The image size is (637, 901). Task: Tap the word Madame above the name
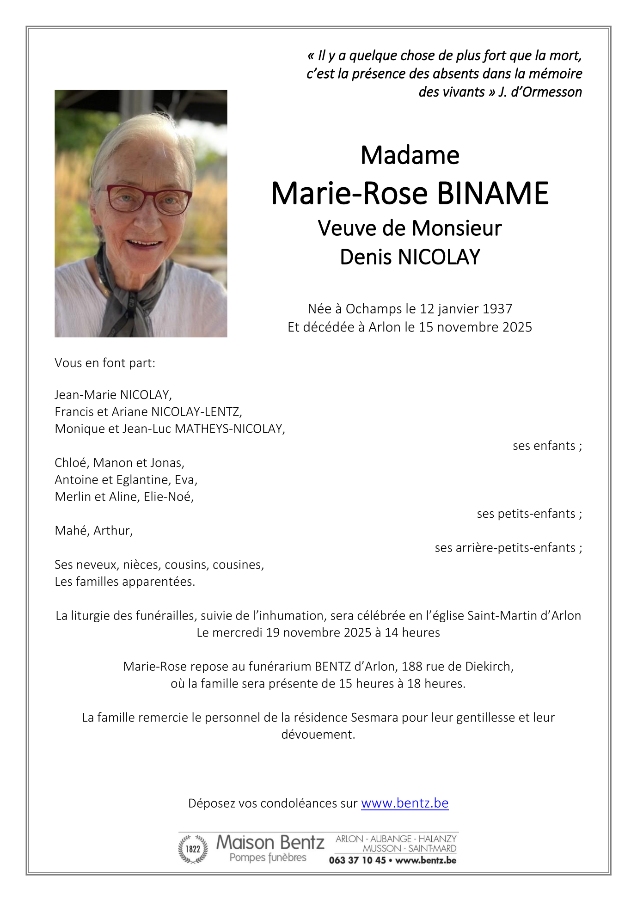click(x=410, y=155)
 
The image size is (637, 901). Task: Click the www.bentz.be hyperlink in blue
click(x=404, y=803)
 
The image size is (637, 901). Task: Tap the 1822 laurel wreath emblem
click(x=193, y=849)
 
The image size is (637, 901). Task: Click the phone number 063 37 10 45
click(x=357, y=860)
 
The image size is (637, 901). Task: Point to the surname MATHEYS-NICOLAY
click(x=229, y=429)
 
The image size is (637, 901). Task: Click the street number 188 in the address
click(x=411, y=666)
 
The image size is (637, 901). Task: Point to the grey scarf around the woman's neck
click(x=132, y=296)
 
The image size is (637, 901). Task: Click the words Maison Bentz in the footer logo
click(x=270, y=842)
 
